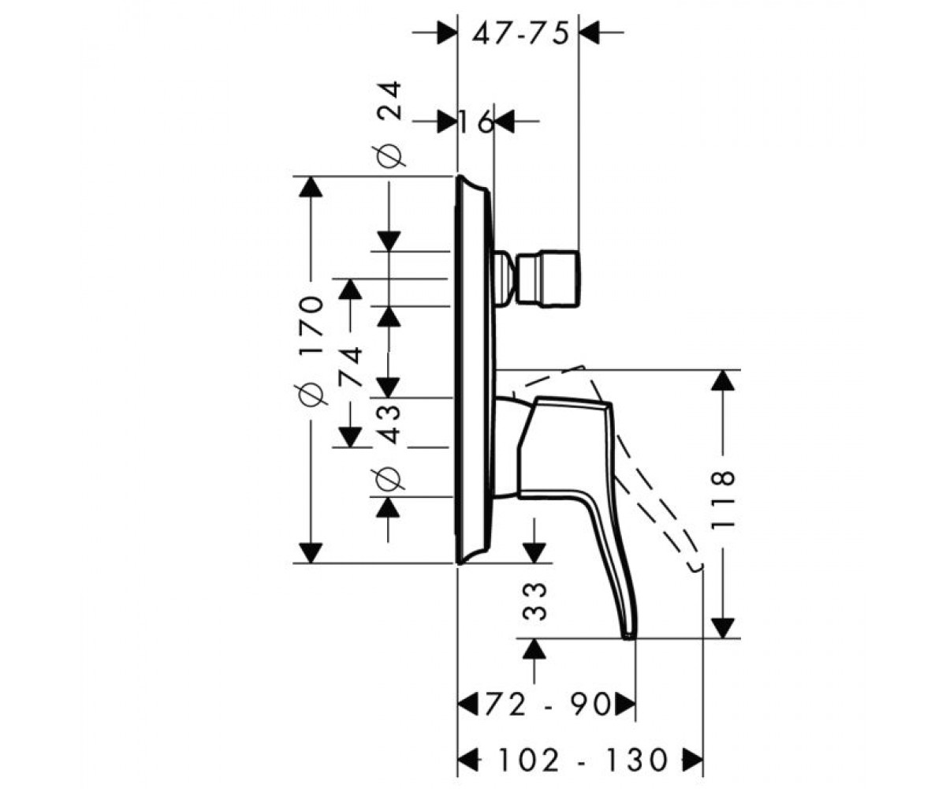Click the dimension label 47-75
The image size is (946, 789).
point(520,34)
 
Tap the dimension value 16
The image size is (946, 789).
point(475,122)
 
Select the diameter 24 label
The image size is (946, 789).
point(389,124)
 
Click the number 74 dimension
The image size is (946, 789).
point(350,366)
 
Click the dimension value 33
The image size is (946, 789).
point(534,601)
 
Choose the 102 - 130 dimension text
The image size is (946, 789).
point(583,761)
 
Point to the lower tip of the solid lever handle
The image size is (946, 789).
point(628,638)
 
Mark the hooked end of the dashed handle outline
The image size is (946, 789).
point(695,568)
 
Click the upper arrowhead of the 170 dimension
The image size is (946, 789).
point(311,186)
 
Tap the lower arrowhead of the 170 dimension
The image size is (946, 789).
point(311,553)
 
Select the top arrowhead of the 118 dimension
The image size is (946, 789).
point(722,380)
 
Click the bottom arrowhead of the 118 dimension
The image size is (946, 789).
point(722,628)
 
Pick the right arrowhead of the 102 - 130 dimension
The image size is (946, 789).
point(692,760)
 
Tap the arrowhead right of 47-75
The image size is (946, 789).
point(590,32)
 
